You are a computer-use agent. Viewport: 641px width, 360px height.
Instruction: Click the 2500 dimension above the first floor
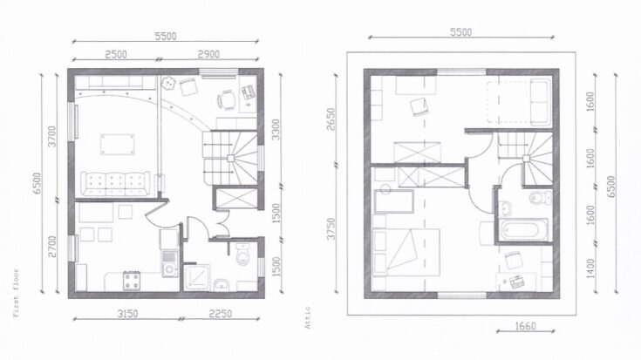115,54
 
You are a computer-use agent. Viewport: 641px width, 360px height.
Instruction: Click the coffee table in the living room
117,143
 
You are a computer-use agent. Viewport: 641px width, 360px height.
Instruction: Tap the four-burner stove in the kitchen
132,280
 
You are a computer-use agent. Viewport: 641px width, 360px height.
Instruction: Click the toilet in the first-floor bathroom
245,254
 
